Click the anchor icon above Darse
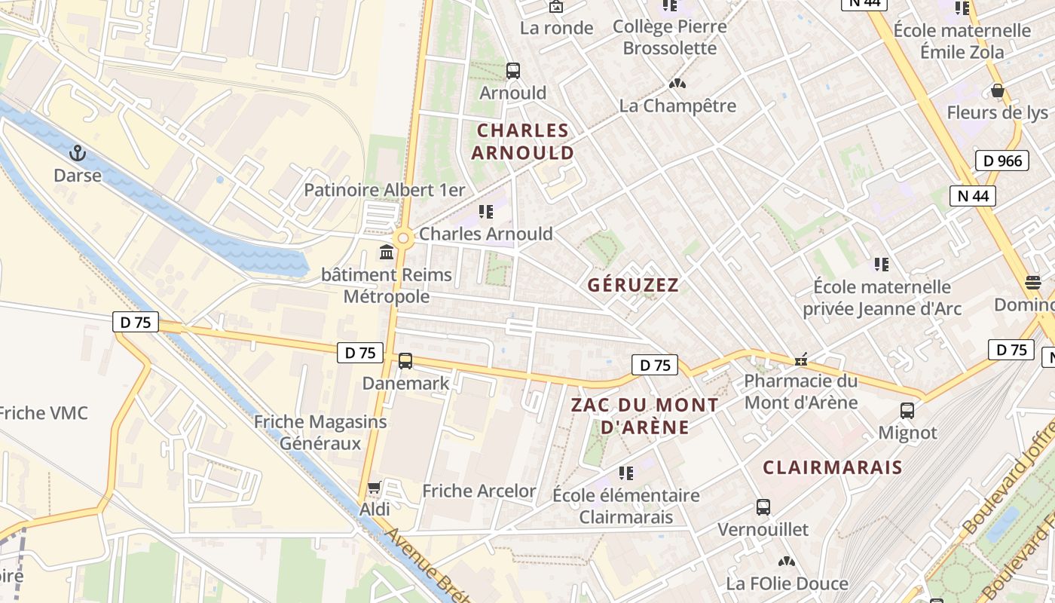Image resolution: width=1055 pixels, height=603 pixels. [77, 154]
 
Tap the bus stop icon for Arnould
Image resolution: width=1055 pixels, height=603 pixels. [513, 71]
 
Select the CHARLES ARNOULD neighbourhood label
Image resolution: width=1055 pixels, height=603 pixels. [522, 142]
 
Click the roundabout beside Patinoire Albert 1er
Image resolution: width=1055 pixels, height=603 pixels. [404, 239]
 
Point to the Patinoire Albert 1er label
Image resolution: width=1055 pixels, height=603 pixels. [384, 190]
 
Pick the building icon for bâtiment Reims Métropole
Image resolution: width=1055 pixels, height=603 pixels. [387, 252]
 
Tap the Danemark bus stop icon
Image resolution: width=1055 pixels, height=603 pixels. [405, 361]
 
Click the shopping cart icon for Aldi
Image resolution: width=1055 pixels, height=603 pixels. [374, 488]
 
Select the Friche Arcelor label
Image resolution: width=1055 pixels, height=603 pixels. [479, 491]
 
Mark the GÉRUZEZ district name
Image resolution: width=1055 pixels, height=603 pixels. [633, 285]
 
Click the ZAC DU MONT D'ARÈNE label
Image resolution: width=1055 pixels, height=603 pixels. [644, 416]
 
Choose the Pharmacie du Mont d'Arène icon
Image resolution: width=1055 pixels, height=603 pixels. [801, 360]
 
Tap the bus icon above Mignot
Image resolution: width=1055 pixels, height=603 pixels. [907, 411]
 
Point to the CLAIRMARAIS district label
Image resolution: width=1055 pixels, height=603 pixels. [832, 467]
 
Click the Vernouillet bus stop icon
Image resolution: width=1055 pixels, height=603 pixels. [763, 507]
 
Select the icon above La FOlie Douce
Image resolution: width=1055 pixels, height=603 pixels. [787, 562]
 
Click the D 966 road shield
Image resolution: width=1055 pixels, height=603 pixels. [1001, 161]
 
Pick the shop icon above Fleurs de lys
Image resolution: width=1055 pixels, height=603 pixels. [998, 91]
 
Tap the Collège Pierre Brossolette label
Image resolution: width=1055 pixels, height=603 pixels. [669, 37]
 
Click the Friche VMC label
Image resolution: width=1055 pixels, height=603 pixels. [43, 413]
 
